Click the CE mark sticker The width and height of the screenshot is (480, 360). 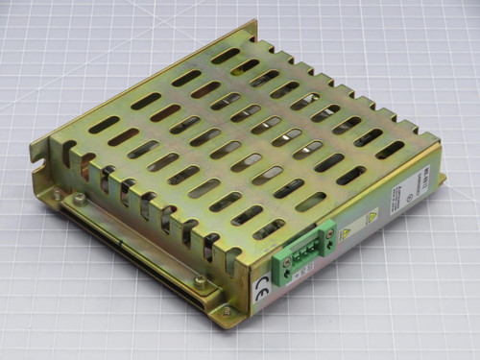pos(262,284)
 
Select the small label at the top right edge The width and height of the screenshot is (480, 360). pos(422,179)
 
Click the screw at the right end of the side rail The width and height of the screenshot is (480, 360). pos(199,281)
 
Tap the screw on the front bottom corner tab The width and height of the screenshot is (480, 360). pos(226,309)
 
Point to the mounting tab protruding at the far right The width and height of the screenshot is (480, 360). pos(440,179)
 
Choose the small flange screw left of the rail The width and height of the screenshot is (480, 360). pos(57,195)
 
